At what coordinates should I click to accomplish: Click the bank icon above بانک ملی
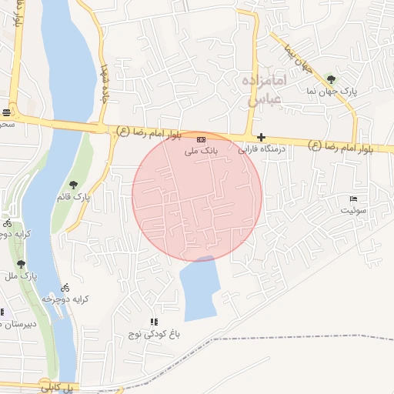click(201, 139)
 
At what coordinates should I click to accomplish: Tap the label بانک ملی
click(201, 152)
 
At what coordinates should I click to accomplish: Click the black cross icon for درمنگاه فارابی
click(261, 136)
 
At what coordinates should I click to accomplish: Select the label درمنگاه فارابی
click(259, 149)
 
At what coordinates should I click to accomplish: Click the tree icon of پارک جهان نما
click(331, 78)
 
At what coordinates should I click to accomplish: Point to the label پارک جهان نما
click(332, 91)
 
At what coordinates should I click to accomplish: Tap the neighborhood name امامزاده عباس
click(268, 88)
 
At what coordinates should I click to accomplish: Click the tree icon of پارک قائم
click(73, 184)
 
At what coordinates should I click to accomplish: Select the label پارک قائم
click(77, 197)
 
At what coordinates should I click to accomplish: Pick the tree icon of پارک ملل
click(20, 263)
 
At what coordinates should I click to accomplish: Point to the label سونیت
click(355, 209)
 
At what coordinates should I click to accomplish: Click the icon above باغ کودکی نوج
click(154, 322)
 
